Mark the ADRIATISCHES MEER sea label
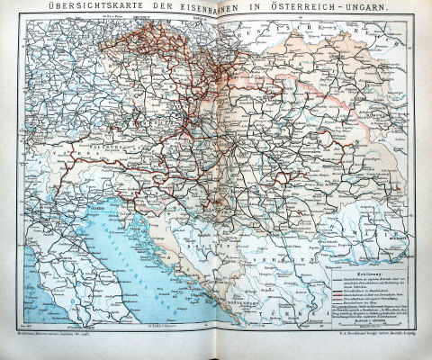[135, 247]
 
